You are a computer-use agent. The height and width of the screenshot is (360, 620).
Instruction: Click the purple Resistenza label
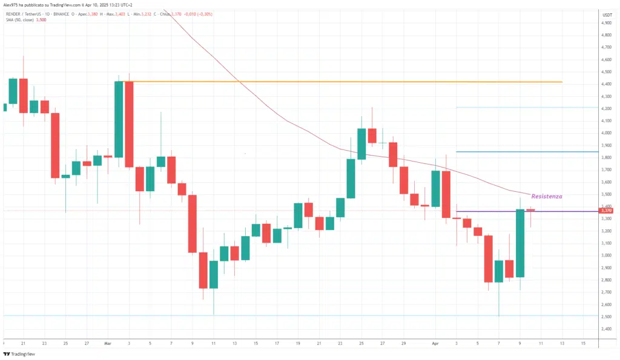coord(546,197)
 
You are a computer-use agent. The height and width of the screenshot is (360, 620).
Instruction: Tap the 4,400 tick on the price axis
coord(605,85)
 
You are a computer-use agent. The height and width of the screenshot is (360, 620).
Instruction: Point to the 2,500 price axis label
coord(605,317)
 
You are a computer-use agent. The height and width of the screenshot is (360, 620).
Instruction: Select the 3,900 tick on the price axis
coord(605,146)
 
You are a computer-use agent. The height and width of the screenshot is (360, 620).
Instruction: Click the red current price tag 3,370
coord(606,211)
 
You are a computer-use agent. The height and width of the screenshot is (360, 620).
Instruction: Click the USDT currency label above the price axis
coord(607,13)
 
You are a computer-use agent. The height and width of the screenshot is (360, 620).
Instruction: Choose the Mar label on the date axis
coord(107,343)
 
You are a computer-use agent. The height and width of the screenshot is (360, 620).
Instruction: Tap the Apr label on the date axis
coord(435,343)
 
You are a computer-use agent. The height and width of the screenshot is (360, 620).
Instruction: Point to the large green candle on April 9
coord(519,243)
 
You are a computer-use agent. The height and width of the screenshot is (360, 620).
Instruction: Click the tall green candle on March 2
coord(119,119)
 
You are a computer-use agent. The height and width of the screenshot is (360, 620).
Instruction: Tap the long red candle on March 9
coord(192,223)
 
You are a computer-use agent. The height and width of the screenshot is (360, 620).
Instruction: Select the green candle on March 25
coord(361,143)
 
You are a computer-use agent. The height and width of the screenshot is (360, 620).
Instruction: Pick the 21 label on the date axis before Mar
coord(24,343)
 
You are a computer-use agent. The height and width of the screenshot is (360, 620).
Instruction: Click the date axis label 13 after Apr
coord(562,343)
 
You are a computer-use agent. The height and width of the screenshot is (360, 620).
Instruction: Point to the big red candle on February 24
coord(55,145)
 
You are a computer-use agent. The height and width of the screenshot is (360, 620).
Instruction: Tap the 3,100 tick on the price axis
coord(605,243)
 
